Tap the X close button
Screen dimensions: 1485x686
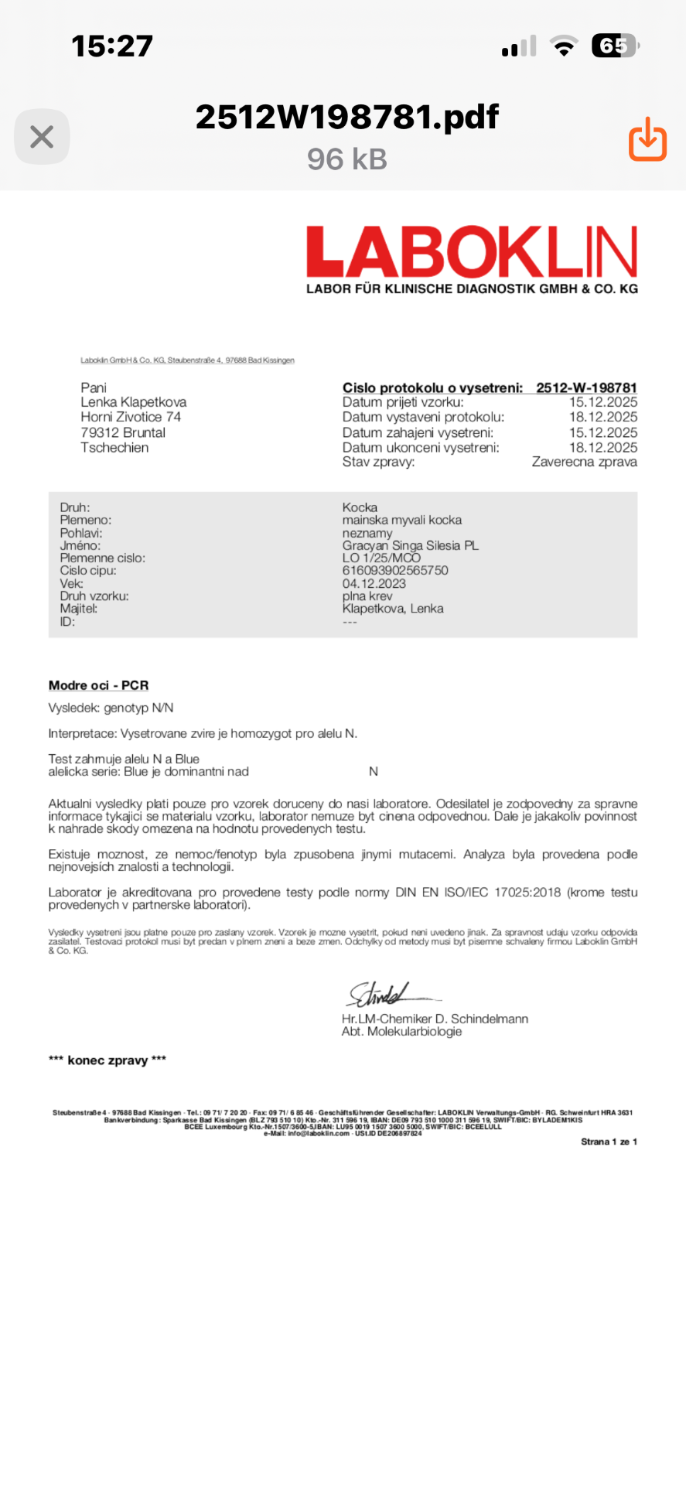pyautogui.click(x=42, y=138)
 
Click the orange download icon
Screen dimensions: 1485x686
pyautogui.click(x=647, y=139)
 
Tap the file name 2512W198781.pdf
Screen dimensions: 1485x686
pyautogui.click(x=346, y=117)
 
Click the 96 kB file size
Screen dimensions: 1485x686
pyautogui.click(x=346, y=159)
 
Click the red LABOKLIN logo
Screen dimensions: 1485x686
pyautogui.click(x=472, y=252)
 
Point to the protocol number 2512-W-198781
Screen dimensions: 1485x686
pyautogui.click(x=586, y=387)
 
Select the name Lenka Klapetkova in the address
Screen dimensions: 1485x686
pyautogui.click(x=134, y=402)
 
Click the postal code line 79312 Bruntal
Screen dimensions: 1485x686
pyautogui.click(x=123, y=432)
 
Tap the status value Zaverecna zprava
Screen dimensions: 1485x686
pyautogui.click(x=584, y=462)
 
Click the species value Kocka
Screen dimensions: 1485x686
pyautogui.click(x=360, y=507)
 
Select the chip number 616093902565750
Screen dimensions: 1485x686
pyautogui.click(x=395, y=570)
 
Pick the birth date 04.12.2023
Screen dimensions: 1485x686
pyautogui.click(x=374, y=583)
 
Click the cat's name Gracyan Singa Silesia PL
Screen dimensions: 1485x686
pyautogui.click(x=410, y=545)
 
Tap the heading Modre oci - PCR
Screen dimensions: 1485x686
pyautogui.click(x=98, y=685)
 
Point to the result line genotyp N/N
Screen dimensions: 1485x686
pyautogui.click(x=111, y=708)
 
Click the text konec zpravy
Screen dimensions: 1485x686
pyautogui.click(x=107, y=1060)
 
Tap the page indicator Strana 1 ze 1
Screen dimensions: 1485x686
pyautogui.click(x=609, y=1142)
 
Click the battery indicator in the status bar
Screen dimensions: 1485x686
pyautogui.click(x=614, y=46)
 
